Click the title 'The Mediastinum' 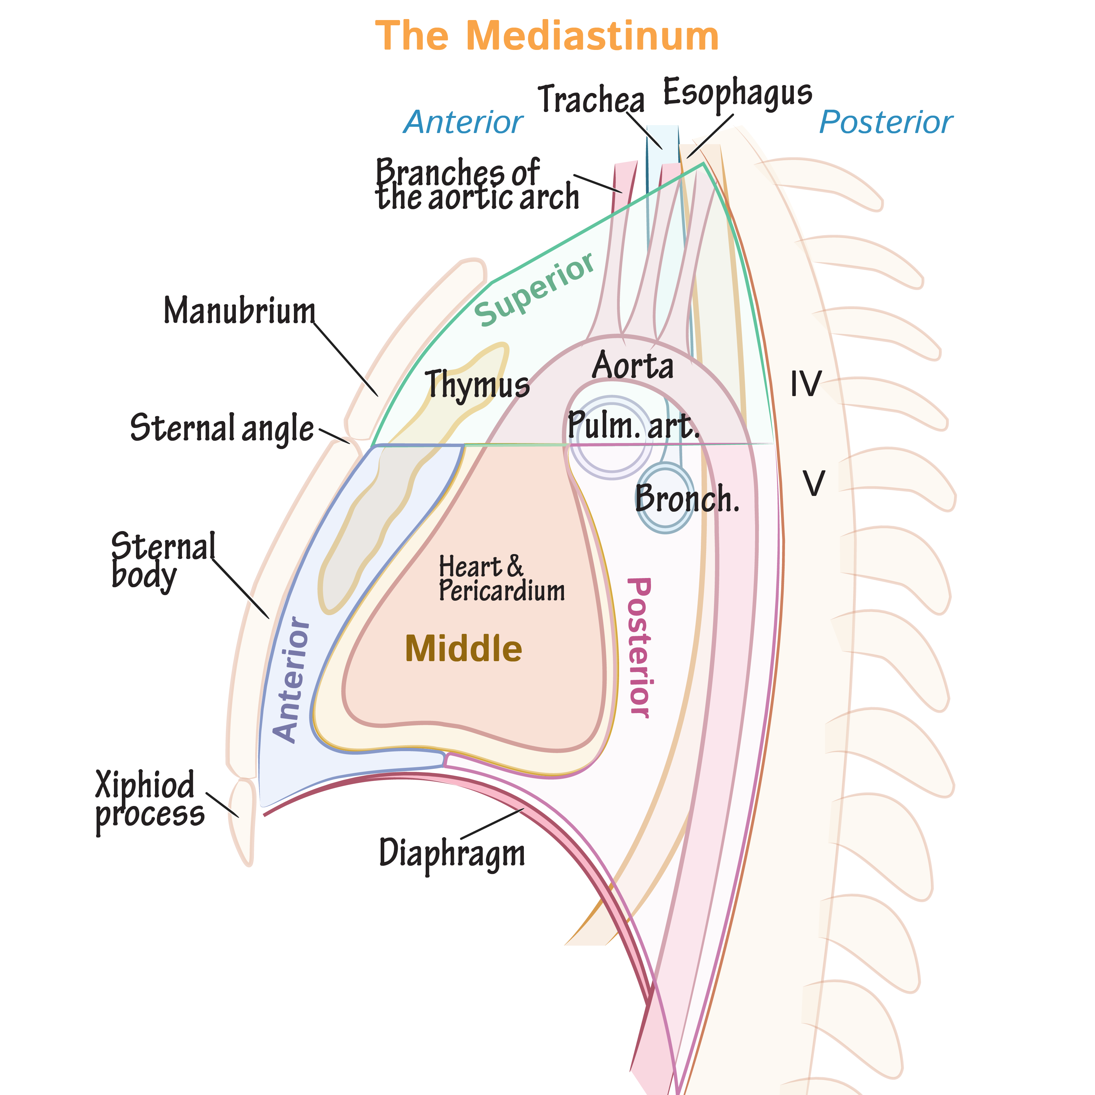tap(547, 36)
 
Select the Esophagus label tap(737, 92)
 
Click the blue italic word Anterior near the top tap(463, 123)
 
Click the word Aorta tap(633, 366)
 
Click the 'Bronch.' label tap(687, 499)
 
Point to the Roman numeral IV tap(805, 384)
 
